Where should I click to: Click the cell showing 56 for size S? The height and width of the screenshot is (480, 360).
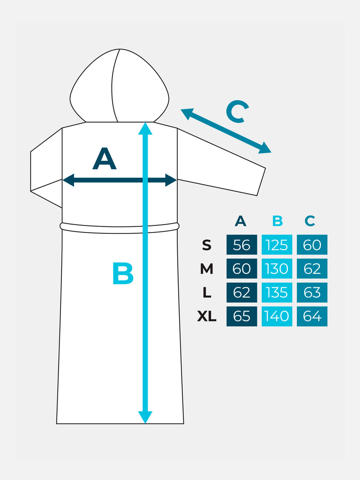click(x=241, y=245)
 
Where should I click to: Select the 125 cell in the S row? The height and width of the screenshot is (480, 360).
click(x=277, y=245)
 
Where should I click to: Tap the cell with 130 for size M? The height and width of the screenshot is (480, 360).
click(x=277, y=269)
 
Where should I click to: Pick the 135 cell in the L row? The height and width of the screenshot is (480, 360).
click(x=277, y=292)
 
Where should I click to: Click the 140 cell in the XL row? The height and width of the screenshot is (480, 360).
click(x=277, y=316)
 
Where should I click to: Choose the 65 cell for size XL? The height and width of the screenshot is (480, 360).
click(x=241, y=316)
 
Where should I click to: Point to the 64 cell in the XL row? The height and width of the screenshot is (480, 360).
click(x=312, y=316)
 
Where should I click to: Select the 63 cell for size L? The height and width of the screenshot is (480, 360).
click(x=312, y=292)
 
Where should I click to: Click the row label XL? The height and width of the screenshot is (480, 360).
click(x=207, y=316)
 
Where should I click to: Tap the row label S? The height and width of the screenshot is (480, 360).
click(x=207, y=245)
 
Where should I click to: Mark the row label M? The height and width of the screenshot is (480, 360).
click(x=207, y=269)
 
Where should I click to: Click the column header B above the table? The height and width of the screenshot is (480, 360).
click(x=277, y=221)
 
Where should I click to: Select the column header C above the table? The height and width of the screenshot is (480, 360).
click(x=309, y=221)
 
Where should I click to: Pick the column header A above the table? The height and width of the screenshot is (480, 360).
click(x=240, y=221)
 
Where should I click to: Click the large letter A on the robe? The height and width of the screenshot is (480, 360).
click(x=104, y=159)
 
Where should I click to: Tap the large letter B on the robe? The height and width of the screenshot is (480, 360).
click(x=123, y=274)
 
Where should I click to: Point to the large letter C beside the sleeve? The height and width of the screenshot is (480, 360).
click(x=237, y=112)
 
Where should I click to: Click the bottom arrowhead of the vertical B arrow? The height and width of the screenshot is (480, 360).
click(x=145, y=417)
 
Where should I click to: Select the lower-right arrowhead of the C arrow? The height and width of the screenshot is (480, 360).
click(x=265, y=149)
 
